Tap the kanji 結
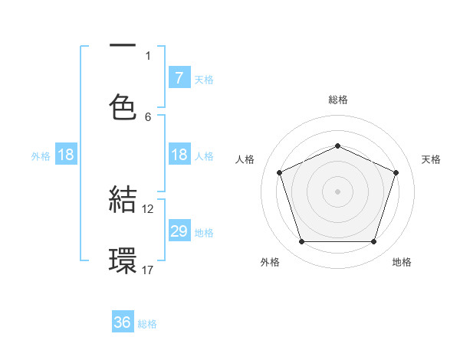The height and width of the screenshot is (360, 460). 123,199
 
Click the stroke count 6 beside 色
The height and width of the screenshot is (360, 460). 148,116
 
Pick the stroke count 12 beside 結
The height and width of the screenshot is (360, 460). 148,208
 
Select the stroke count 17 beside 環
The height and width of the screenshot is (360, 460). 148,269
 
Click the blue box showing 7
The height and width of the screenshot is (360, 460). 179,77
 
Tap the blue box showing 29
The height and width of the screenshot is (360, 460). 179,231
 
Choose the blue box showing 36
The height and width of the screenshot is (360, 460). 123,322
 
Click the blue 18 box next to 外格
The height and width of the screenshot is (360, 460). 66,155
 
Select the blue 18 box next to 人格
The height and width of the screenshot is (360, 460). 179,155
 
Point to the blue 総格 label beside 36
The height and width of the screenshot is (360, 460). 147,324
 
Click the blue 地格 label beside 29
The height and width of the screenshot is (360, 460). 204,233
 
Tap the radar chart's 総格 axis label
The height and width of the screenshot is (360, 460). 337,100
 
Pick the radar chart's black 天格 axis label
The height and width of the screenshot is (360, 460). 432,159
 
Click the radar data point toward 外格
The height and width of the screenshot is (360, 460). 301,242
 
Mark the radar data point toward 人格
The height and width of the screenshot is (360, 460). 279,172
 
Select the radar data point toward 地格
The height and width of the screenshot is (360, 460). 373,242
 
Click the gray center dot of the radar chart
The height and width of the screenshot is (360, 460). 337,191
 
